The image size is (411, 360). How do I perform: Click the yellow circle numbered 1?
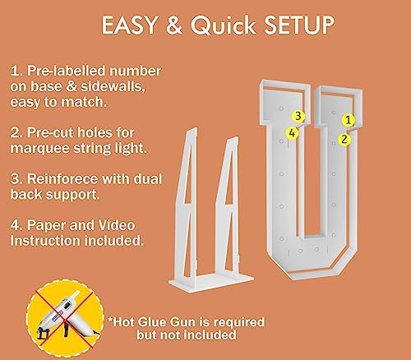pyautogui.click(x=349, y=120)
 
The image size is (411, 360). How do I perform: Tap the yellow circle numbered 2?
pyautogui.click(x=344, y=139)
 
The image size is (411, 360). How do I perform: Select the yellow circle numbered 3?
pyautogui.click(x=298, y=116)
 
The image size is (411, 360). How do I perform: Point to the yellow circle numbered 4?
pyautogui.click(x=292, y=133)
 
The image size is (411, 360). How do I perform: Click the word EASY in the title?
pyautogui.click(x=129, y=25)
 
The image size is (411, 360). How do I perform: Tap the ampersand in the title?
pyautogui.click(x=174, y=25)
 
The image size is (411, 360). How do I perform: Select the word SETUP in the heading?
pyautogui.click(x=299, y=25)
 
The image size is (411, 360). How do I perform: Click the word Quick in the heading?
pyautogui.click(x=224, y=25)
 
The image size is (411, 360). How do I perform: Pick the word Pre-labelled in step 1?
pyautogui.click(x=66, y=71)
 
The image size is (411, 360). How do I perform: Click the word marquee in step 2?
pyautogui.click(x=37, y=149)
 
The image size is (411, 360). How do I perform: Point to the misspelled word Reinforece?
pyautogui.click(x=62, y=179)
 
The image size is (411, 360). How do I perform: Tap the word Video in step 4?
pyautogui.click(x=117, y=225)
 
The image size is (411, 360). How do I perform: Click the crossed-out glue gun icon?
pyautogui.click(x=65, y=318)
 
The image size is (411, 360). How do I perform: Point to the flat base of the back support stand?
pyautogui.click(x=211, y=282)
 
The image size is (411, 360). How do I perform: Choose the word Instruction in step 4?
pyautogui.click(x=45, y=241)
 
